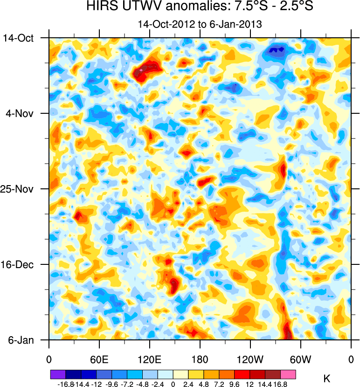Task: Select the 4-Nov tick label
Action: click(x=20, y=113)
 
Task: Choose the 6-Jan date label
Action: click(x=21, y=340)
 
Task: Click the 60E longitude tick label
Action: click(x=99, y=359)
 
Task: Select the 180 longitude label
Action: click(x=200, y=359)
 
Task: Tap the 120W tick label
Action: click(x=250, y=359)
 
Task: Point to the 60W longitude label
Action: click(x=300, y=359)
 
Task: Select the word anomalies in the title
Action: click(x=187, y=7)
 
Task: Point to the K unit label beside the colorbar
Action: click(x=326, y=379)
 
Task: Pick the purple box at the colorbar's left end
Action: click(x=58, y=374)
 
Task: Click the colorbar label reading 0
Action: click(x=173, y=384)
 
